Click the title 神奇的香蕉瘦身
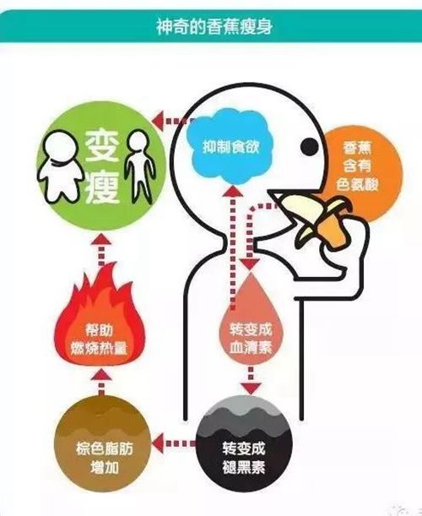tap(214, 27)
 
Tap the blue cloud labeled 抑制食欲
tap(230, 147)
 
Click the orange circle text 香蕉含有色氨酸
tap(357, 166)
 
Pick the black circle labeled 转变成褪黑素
tap(244, 448)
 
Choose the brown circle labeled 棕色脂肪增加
tap(105, 448)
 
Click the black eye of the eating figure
tap(310, 146)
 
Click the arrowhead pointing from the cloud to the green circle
tap(160, 121)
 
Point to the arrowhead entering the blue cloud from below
tap(233, 191)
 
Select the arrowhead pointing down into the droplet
tap(249, 264)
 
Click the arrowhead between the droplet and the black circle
tap(251, 388)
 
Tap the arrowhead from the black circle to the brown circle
tap(159, 443)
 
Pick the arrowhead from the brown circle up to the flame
tap(101, 375)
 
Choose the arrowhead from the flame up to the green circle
tap(101, 238)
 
